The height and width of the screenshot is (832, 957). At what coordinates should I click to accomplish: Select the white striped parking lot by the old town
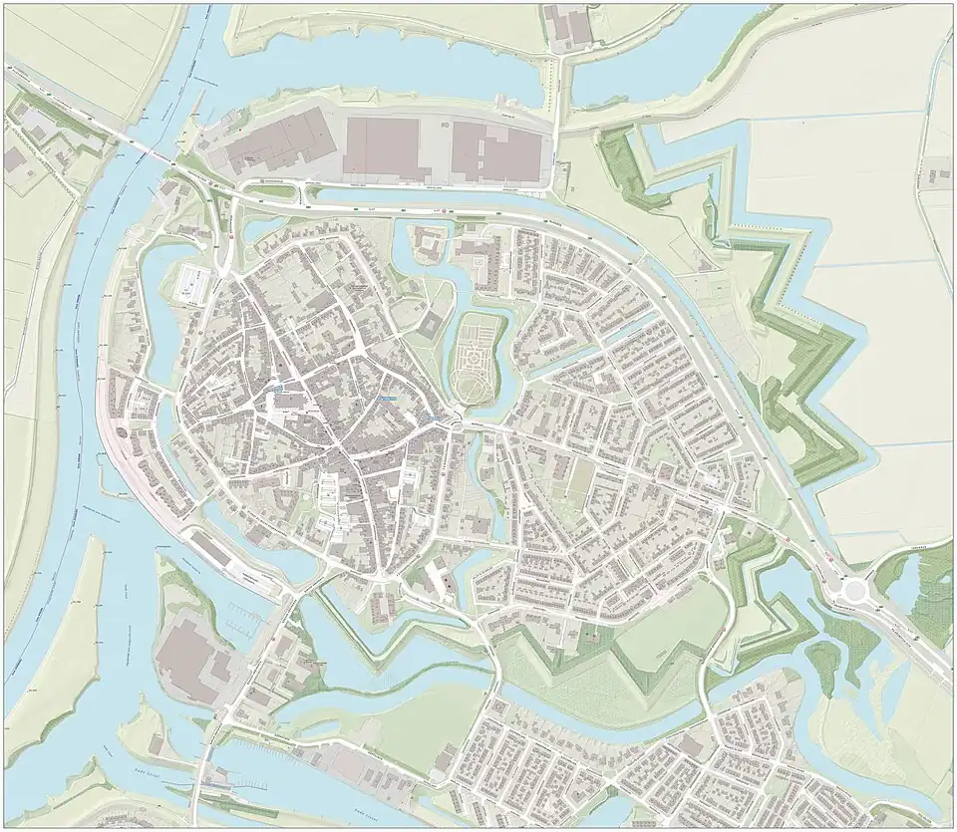[x=193, y=283]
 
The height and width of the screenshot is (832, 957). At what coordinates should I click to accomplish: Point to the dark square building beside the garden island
[x=432, y=325]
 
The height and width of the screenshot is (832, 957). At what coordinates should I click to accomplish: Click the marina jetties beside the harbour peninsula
[x=239, y=618]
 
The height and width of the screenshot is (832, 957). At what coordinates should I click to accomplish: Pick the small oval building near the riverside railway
[x=123, y=432]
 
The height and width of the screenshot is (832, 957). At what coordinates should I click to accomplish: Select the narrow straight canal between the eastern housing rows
[x=638, y=329]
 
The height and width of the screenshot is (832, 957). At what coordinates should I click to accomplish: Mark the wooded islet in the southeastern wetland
[x=821, y=663]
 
